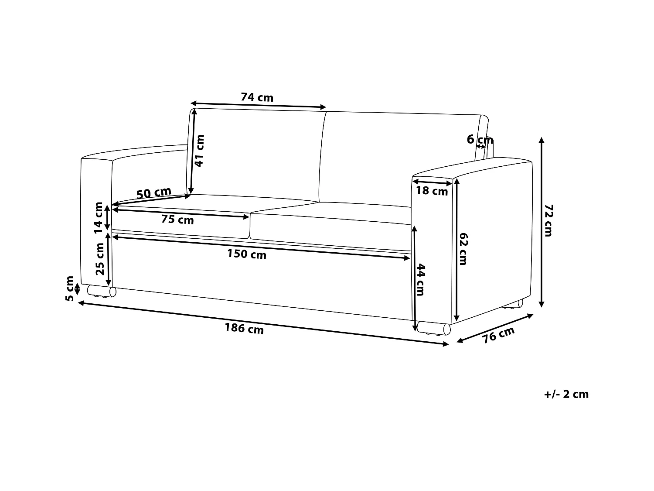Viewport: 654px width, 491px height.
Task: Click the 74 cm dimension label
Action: point(257,97)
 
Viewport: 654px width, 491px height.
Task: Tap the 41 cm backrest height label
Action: point(199,151)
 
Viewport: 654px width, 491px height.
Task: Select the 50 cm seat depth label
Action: point(154,192)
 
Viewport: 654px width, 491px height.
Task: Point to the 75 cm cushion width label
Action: point(177,220)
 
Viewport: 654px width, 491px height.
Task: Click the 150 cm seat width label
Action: point(246,254)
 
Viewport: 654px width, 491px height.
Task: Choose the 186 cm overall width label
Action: point(244,329)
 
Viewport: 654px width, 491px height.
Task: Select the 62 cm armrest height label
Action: point(463,249)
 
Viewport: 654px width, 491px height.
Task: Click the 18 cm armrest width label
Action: point(432,191)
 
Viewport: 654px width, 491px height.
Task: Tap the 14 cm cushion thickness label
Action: point(99,216)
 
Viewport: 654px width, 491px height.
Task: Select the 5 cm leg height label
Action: point(69,288)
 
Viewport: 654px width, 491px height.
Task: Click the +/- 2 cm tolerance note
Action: point(566,394)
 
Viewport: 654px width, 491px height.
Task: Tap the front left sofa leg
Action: point(102,292)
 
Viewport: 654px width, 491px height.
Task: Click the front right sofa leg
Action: point(433,329)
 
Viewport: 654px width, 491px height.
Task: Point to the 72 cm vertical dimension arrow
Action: point(542,222)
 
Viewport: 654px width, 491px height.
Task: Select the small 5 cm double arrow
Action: point(78,289)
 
